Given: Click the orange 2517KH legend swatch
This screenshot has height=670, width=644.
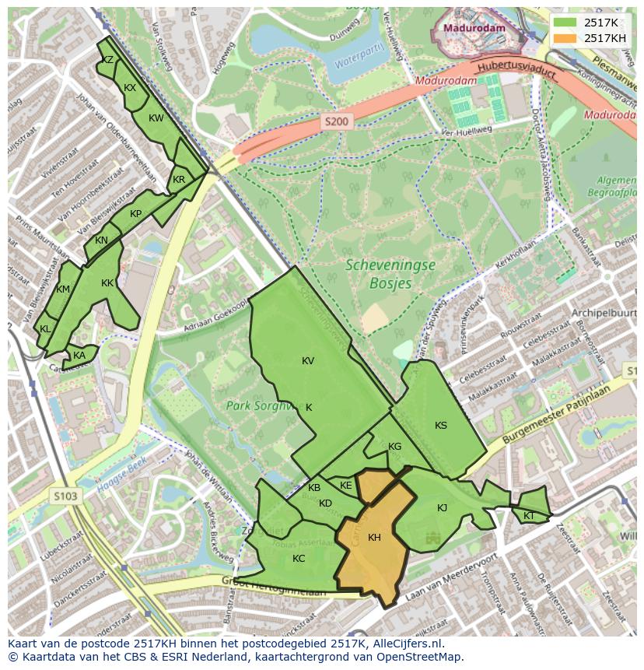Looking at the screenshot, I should [565, 38].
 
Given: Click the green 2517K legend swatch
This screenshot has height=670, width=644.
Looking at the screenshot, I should [565, 23].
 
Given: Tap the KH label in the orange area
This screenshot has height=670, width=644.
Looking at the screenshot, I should [374, 538].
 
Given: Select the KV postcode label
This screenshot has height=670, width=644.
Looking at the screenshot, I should [308, 360].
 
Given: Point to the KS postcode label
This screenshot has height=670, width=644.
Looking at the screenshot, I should [441, 425].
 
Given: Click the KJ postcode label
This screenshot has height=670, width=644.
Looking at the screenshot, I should [442, 508].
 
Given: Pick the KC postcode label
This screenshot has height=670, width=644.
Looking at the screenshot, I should [299, 558].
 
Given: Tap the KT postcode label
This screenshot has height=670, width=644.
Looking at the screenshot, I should [529, 516].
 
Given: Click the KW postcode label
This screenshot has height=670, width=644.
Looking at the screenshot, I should [156, 118].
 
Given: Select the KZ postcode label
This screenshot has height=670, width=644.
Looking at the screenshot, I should [108, 60].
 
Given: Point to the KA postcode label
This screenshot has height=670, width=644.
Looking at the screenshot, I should [79, 356].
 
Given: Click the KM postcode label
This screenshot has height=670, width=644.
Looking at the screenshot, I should [64, 289].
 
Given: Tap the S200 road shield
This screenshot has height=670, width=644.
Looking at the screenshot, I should [338, 121].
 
